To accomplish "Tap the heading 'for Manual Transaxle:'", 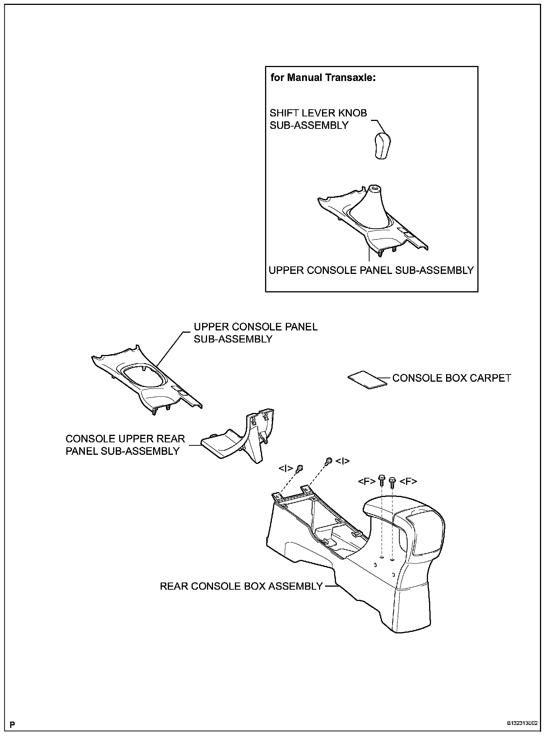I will [324, 78].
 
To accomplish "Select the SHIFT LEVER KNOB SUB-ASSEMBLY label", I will [318, 119].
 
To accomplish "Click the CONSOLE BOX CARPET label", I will [452, 378].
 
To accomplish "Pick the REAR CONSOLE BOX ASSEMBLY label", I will [241, 586].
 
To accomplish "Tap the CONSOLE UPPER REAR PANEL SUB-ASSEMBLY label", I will [125, 445].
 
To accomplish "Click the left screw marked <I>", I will [300, 468].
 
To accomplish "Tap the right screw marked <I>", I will [329, 460].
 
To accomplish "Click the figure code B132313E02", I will [523, 724].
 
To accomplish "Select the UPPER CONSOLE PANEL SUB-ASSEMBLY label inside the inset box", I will [371, 270].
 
